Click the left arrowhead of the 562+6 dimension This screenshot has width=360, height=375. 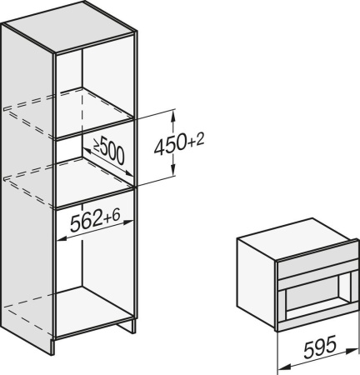coord(61,236)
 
